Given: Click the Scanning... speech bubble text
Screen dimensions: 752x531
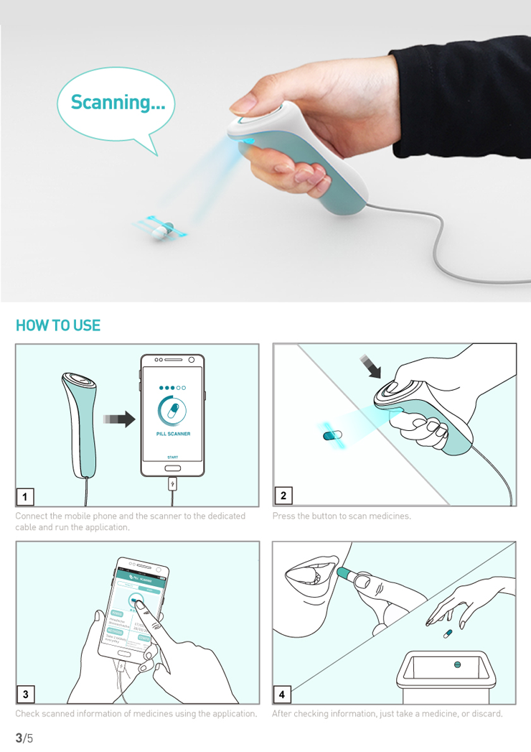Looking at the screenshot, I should (118, 103).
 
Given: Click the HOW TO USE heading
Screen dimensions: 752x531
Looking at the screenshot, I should (58, 325).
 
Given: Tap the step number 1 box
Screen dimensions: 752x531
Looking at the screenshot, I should (25, 496).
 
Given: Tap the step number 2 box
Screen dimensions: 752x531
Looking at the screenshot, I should (283, 496).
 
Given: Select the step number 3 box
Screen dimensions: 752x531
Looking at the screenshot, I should (25, 694).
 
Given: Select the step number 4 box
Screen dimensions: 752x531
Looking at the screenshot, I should (282, 694).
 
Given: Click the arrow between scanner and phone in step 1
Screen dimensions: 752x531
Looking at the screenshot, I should (118, 419).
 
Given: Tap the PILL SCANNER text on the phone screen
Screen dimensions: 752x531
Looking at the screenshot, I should (172, 434).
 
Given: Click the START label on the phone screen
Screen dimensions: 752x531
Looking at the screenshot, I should (172, 457).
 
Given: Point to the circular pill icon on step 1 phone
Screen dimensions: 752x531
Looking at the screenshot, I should (172, 412).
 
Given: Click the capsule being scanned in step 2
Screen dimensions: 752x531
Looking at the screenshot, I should (332, 435).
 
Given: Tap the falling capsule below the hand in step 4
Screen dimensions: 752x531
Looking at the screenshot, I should (447, 633).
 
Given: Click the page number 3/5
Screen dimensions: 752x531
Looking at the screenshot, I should (24, 738).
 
